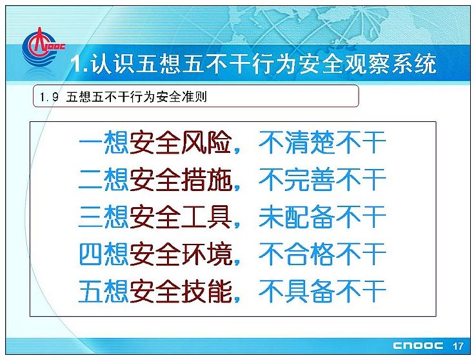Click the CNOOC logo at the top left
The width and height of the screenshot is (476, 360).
point(43,46)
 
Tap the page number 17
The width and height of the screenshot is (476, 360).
point(458,346)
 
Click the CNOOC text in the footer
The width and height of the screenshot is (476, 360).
point(418,346)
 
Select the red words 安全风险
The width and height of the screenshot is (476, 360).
point(181,143)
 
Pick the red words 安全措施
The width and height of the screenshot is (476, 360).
point(181,179)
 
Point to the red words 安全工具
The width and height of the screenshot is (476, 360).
point(181,217)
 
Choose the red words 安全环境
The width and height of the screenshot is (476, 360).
point(181,254)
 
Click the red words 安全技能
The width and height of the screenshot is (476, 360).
point(181,291)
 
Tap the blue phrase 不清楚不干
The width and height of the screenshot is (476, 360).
point(322,143)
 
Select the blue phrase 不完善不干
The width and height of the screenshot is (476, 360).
point(322,179)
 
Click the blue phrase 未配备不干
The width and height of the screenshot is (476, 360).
point(322,217)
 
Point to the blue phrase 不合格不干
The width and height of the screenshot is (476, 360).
point(322,254)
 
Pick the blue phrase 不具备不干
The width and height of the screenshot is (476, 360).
point(322,291)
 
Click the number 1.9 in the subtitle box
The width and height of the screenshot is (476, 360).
point(49,97)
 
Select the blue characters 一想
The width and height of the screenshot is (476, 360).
point(104,143)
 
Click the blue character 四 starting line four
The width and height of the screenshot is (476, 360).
point(90,254)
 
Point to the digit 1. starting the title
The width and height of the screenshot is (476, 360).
point(79,64)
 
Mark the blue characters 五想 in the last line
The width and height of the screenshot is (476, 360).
point(104,291)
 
